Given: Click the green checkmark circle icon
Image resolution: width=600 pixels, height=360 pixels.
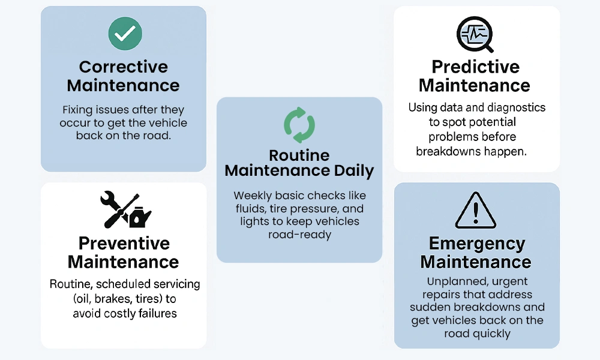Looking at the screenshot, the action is click(x=125, y=33).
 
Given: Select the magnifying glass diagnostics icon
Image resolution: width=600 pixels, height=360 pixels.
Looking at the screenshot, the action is click(x=475, y=34).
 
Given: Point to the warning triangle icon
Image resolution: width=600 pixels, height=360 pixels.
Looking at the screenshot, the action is click(x=476, y=211).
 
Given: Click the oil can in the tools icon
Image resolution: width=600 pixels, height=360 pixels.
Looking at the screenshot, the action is click(x=140, y=217).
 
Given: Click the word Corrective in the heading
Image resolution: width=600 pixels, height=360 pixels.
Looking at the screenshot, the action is click(x=124, y=67).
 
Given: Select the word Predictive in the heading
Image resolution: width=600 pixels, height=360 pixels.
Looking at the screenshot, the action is click(x=476, y=67).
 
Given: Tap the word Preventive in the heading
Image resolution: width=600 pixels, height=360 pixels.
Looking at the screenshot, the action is click(x=124, y=244).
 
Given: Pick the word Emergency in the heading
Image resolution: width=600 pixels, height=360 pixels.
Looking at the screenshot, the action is click(x=477, y=244).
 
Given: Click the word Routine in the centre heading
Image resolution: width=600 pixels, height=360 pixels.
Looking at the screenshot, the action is click(x=299, y=155).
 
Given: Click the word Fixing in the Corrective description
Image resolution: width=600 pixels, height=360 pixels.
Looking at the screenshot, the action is click(x=77, y=110).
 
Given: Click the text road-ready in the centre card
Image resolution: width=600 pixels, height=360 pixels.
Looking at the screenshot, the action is click(x=299, y=234).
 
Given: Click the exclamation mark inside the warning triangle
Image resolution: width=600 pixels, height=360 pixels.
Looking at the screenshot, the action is click(x=476, y=213).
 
